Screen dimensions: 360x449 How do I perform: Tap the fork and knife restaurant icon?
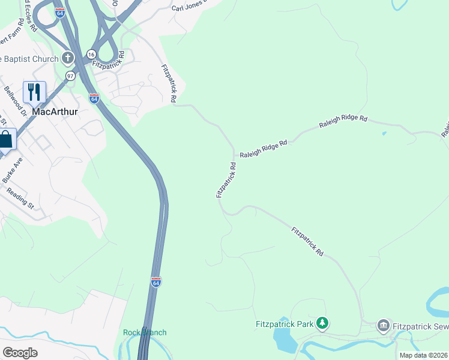tap(34, 92)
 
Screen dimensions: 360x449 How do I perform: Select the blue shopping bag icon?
tap(5, 140)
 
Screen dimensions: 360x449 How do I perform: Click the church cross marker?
tap(68, 59)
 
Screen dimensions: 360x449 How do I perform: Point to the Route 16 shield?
tap(90, 54)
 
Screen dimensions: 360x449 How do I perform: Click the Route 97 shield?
tap(71, 76)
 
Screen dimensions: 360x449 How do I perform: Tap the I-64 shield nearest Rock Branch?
tap(155, 282)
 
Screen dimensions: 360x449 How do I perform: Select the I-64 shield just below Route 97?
tap(94, 98)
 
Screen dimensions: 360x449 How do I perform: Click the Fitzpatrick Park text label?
tap(285, 325)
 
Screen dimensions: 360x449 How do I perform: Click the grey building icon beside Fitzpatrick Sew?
tap(383, 326)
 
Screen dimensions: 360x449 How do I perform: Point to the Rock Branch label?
tap(145, 332)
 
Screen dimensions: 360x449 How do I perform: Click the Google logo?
tap(20, 352)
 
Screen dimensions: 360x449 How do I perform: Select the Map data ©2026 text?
tap(423, 355)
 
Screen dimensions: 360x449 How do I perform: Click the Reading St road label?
tap(20, 199)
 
